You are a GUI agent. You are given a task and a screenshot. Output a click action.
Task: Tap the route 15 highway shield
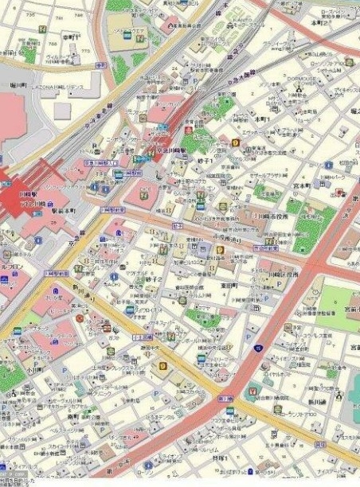[x=258, y=348]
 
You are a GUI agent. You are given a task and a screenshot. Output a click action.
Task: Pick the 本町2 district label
[x=321, y=24]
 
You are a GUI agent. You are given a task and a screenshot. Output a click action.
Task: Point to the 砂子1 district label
[x=205, y=161]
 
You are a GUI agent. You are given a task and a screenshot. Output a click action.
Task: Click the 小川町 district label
[x=33, y=369]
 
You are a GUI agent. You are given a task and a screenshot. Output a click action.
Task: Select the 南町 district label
[x=73, y=415]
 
